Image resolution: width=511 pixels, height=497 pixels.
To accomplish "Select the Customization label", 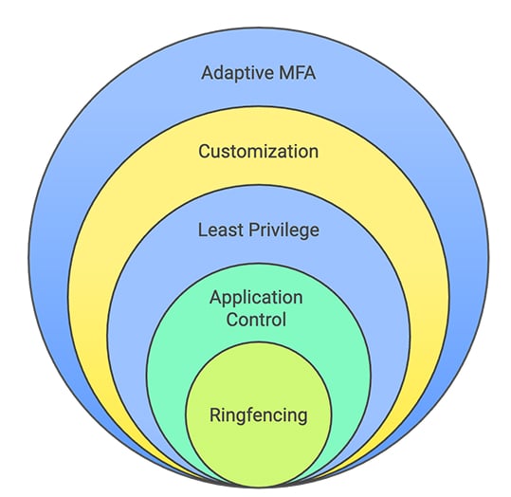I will coord(258,151).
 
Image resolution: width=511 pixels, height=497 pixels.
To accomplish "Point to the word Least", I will coord(219,230).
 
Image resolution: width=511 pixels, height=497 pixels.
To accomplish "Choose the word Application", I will coord(258,297).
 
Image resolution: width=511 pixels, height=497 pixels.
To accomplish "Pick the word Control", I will coord(258,319).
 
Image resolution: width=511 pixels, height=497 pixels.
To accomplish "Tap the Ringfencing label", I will coord(259,414).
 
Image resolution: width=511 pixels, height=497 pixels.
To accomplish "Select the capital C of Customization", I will coord(204,151).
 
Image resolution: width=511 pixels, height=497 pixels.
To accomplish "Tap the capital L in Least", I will coord(203,230).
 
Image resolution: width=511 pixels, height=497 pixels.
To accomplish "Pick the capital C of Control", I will coord(231,319).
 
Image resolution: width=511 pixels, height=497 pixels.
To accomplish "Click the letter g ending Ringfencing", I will coord(301,416).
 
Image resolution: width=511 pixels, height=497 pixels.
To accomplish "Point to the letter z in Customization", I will coord(280,151).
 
